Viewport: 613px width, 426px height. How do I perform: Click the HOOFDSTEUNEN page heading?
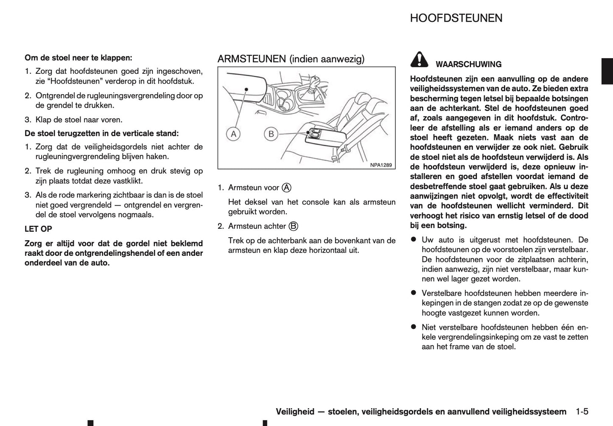456,18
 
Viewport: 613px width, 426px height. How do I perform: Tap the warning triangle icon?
419,60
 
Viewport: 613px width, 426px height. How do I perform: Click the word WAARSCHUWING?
468,64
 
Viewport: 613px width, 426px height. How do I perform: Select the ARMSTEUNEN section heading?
291,59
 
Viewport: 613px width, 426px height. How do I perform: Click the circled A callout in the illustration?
232,135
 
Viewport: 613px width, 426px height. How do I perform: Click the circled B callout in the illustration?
271,135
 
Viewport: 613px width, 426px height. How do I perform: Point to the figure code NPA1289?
381,165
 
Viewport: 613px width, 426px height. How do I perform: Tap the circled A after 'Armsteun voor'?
286,188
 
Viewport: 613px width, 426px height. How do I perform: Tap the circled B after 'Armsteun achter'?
293,226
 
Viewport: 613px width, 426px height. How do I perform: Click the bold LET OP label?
38,229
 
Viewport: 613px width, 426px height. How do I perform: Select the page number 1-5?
582,412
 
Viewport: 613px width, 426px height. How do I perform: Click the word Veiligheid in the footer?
295,412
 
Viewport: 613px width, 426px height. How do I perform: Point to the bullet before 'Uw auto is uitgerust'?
413,240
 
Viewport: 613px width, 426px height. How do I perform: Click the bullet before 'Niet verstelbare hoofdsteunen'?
413,327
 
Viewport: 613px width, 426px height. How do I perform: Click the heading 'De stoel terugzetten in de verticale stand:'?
102,133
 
